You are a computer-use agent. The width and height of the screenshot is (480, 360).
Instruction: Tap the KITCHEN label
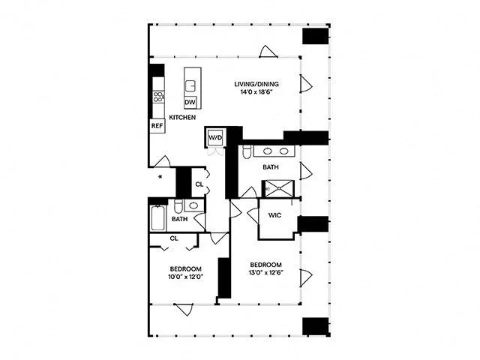(x=182, y=118)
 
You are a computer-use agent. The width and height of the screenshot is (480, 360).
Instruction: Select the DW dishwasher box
(x=190, y=102)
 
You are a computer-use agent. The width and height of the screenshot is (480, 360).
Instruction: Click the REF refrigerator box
(x=157, y=127)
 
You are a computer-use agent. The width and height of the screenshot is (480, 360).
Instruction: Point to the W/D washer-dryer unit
(x=215, y=138)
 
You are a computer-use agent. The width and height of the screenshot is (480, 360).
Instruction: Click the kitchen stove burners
(x=158, y=97)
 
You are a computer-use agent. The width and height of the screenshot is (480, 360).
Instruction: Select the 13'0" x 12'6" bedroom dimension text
(x=265, y=273)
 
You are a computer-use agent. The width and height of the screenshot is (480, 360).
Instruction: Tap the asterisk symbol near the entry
(x=160, y=178)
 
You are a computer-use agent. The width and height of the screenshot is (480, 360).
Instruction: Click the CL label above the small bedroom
(x=173, y=238)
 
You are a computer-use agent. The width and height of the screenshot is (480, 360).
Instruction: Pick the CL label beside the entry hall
(x=199, y=184)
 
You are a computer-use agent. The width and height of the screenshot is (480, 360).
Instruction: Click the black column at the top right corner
(x=315, y=37)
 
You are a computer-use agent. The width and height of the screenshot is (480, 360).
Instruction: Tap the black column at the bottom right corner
(x=315, y=325)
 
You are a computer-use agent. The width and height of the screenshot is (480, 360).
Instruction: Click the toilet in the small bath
(x=178, y=206)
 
